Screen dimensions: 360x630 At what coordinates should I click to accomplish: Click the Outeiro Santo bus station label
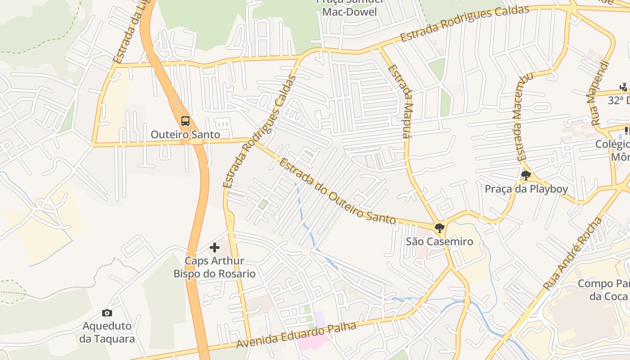[x=185, y=134]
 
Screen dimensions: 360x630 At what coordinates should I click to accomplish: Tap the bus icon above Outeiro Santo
[x=185, y=121]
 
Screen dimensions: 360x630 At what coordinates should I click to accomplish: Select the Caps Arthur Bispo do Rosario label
[x=215, y=267]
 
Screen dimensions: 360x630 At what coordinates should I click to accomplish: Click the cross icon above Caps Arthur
[x=215, y=247]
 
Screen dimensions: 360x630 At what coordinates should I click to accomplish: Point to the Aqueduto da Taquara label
[x=107, y=332]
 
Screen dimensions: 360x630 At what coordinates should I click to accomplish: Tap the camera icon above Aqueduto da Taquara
[x=107, y=313]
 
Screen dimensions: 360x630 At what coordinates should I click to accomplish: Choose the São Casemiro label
[x=440, y=241]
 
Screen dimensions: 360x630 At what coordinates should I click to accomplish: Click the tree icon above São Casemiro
[x=440, y=228]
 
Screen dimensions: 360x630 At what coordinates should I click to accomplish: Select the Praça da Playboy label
[x=526, y=189]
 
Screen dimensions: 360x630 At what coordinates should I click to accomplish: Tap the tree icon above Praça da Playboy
[x=525, y=175]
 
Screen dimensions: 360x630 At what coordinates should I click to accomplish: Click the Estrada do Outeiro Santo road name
[x=337, y=192]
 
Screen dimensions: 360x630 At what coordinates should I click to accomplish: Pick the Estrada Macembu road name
[x=523, y=117]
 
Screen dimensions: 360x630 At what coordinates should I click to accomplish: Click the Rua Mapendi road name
[x=598, y=93]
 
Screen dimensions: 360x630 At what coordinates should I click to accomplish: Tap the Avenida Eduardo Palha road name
[x=297, y=335]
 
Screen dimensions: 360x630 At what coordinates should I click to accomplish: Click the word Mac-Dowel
[x=350, y=12]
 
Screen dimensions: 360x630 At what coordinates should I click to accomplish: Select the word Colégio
[x=612, y=144]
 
